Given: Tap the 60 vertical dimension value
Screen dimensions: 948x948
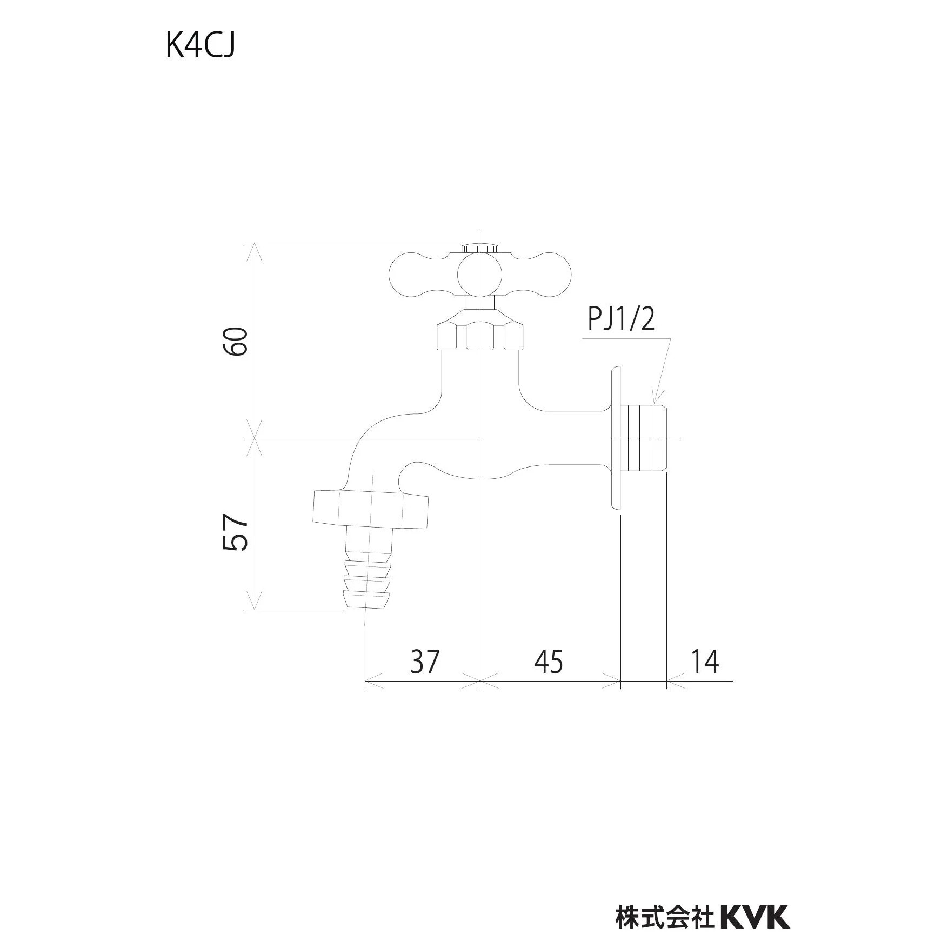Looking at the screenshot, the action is coord(237,342).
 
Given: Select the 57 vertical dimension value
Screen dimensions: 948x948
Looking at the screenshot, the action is coord(236,533).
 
